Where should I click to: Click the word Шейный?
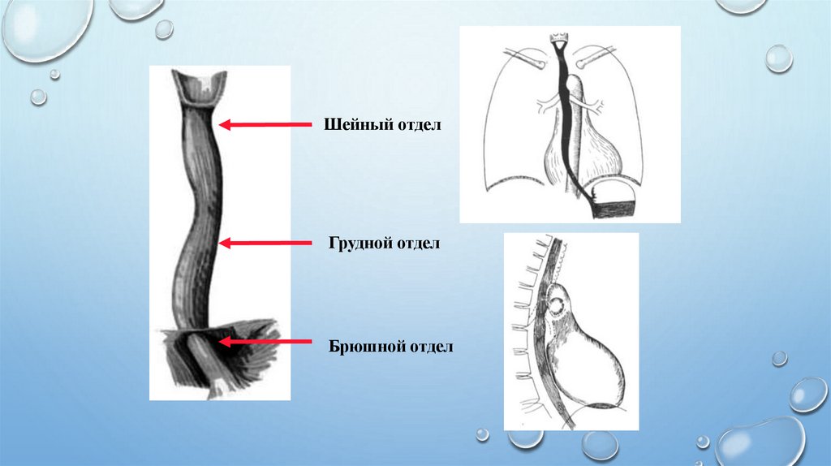(353, 125)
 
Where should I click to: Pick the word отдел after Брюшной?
(427, 346)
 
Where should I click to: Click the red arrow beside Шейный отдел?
(265, 124)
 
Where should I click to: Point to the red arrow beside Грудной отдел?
(265, 242)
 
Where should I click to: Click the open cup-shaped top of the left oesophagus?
(197, 88)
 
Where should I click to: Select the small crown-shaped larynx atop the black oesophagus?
(558, 39)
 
